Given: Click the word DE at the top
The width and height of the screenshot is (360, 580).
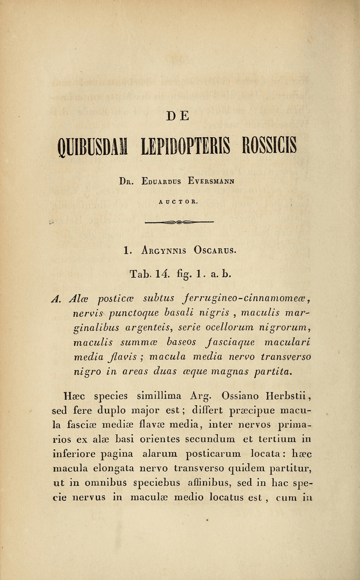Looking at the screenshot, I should click(x=180, y=116).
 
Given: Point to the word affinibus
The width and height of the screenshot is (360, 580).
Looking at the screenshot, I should click(x=204, y=484).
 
